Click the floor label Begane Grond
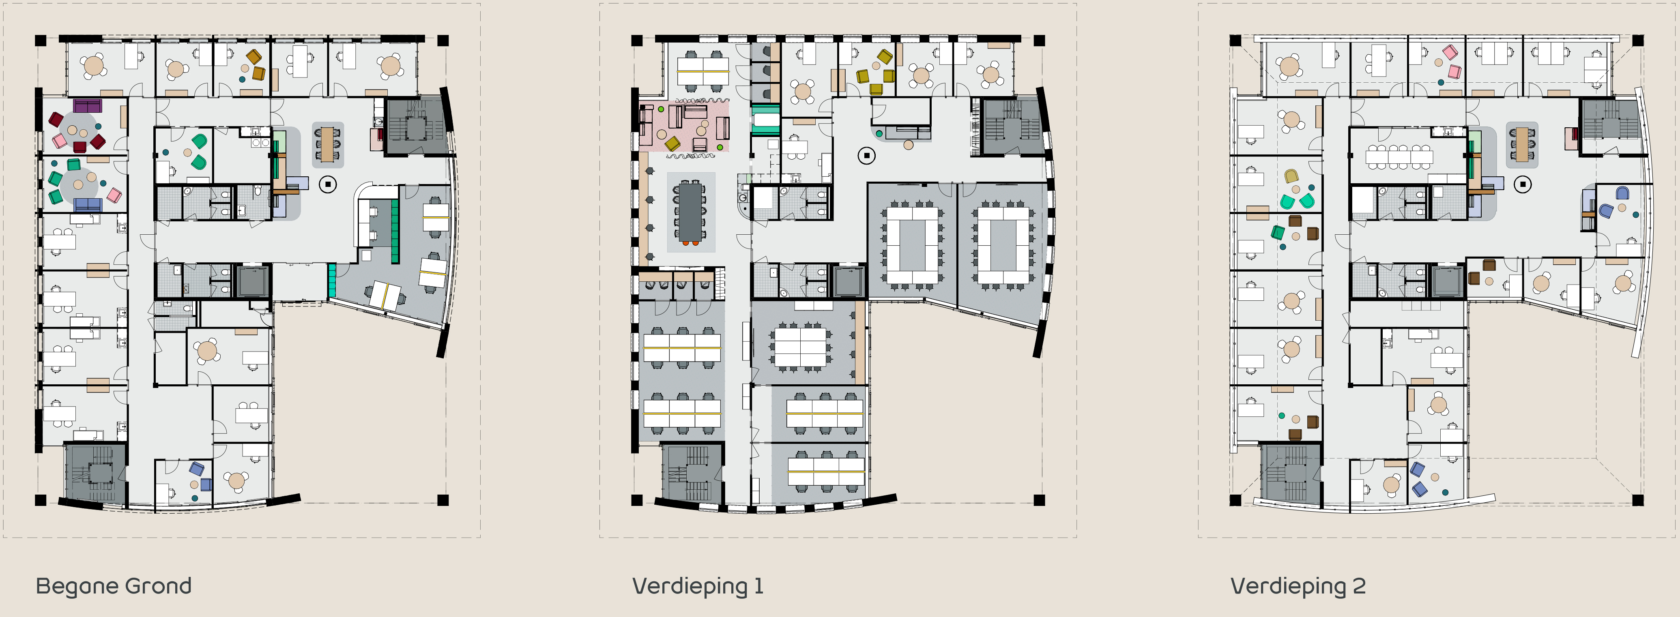(x=114, y=586)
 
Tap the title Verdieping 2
(x=1298, y=586)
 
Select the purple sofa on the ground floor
(x=87, y=105)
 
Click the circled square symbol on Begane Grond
(x=328, y=184)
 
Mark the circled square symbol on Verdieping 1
(x=866, y=156)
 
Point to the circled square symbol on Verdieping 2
(x=1523, y=184)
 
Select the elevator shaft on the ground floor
(x=252, y=281)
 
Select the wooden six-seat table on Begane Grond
(x=327, y=144)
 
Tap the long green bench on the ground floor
(x=395, y=231)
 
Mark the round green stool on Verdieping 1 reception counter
(x=879, y=133)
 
